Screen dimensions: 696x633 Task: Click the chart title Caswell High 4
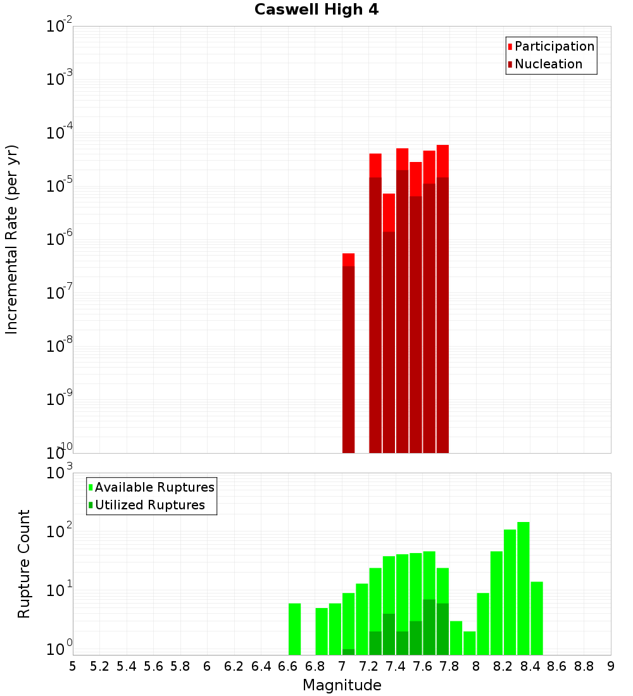(x=316, y=10)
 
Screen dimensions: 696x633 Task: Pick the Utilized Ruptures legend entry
(x=149, y=506)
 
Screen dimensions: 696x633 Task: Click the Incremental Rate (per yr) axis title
(x=12, y=239)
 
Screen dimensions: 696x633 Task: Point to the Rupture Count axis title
(x=24, y=564)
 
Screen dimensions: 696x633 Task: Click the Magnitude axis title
(x=342, y=685)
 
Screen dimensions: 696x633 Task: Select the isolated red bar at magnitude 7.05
(x=348, y=354)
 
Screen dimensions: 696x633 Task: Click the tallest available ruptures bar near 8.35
(x=523, y=588)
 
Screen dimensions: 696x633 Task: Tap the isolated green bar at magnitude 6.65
(x=294, y=629)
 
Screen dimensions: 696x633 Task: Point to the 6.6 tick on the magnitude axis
(x=287, y=666)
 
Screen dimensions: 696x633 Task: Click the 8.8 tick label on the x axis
(x=584, y=666)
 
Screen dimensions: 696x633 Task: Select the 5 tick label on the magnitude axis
(x=73, y=666)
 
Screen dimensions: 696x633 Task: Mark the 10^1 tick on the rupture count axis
(x=59, y=591)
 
